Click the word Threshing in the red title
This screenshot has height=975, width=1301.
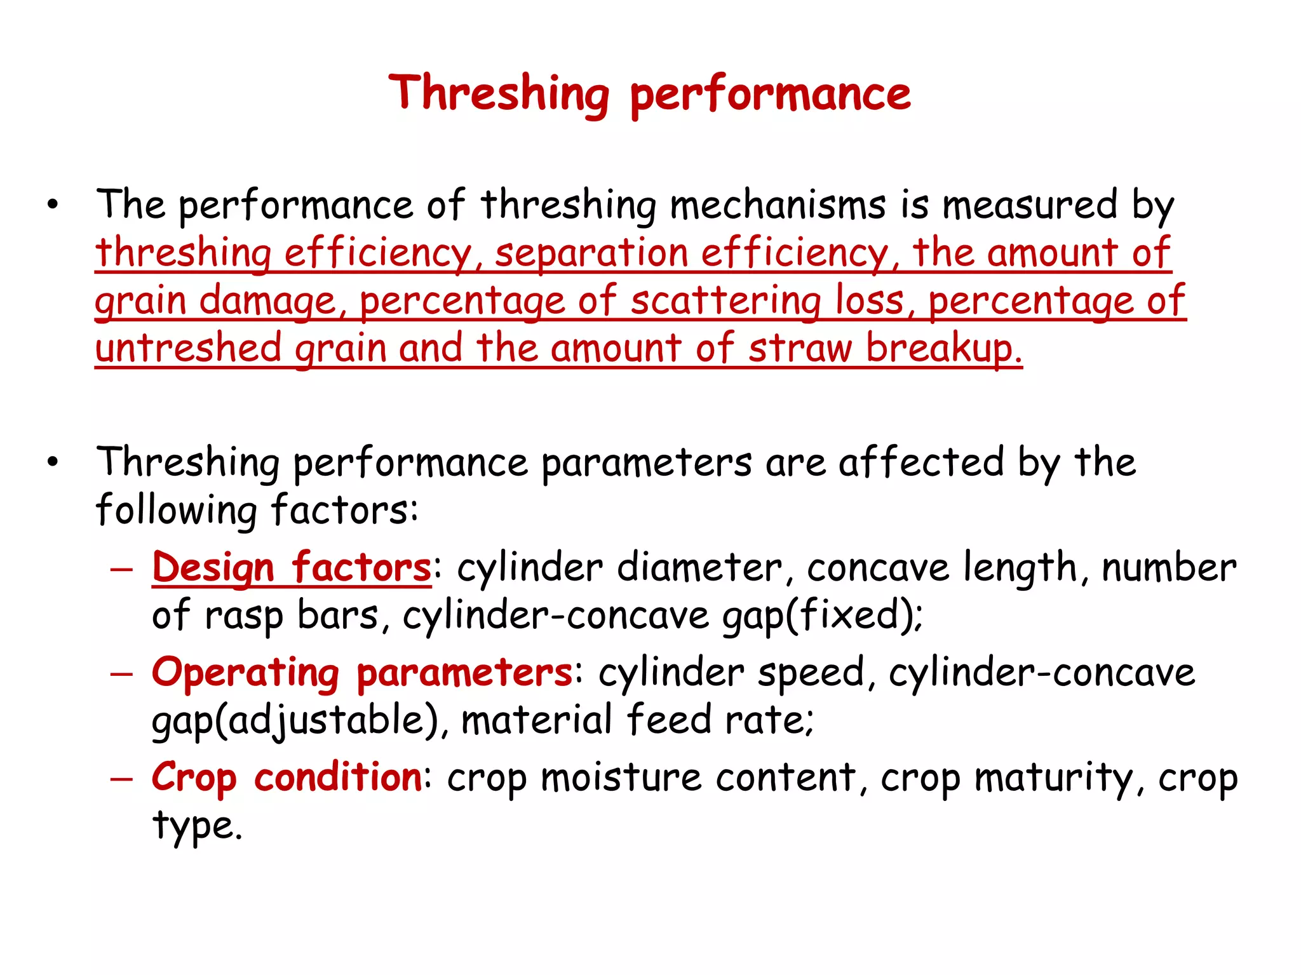click(x=499, y=94)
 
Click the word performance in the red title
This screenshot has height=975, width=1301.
click(x=771, y=95)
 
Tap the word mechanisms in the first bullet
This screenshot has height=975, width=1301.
click(x=778, y=205)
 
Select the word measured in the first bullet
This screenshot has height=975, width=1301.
click(x=1029, y=205)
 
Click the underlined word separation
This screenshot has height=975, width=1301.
click(x=591, y=253)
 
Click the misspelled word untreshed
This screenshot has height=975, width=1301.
click(x=188, y=348)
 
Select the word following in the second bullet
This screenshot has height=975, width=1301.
click(x=176, y=510)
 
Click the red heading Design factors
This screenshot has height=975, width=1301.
click(x=292, y=567)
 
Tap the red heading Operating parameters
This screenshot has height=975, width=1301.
click(x=362, y=673)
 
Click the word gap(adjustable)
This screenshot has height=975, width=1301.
click(x=295, y=720)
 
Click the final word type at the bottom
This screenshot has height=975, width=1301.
click(x=197, y=825)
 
